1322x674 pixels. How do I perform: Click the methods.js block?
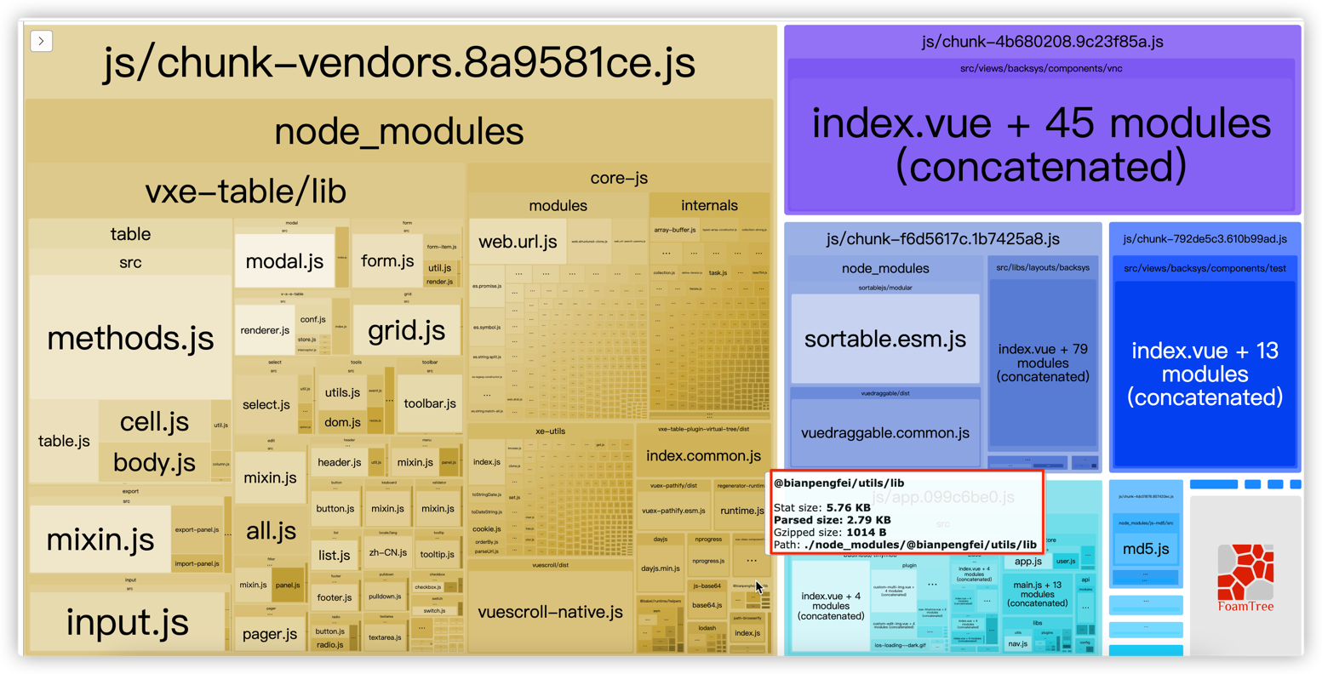130,338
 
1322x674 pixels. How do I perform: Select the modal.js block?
284,260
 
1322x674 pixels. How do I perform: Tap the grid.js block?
406,330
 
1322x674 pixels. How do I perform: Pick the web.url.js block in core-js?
518,242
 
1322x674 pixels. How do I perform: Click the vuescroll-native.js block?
550,612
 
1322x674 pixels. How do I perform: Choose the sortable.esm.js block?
885,339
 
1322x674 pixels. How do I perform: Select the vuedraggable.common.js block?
885,433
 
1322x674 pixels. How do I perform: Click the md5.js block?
1146,549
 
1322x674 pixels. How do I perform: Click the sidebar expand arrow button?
41,41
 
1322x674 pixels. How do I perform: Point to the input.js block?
128,622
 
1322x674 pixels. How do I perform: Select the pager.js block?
270,634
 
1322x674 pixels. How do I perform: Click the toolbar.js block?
429,403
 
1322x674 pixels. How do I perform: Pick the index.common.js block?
703,455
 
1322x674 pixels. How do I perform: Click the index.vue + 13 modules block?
1205,374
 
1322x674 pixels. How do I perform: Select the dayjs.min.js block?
660,568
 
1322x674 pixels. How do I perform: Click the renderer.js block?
265,329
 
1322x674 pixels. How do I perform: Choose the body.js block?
154,463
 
